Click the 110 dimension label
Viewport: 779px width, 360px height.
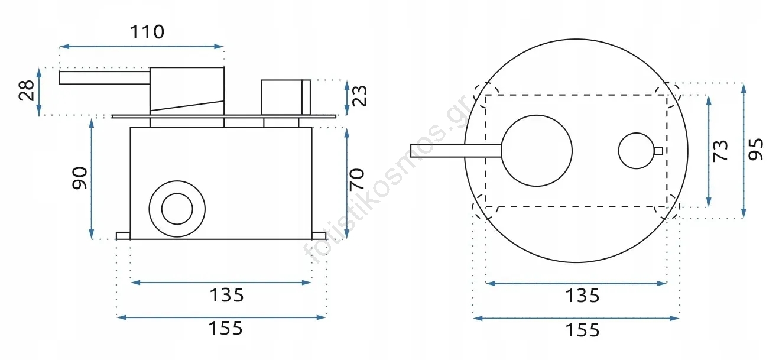point(147,32)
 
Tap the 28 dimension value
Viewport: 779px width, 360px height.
point(27,90)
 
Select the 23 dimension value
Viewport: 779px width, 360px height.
point(359,96)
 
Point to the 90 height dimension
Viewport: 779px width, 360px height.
point(80,178)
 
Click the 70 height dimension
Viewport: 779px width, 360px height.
point(357,180)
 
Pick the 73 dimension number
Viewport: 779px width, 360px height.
point(720,151)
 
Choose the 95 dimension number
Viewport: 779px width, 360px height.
point(756,150)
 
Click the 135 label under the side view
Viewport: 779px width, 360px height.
point(227,296)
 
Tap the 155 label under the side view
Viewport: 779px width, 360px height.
point(226,328)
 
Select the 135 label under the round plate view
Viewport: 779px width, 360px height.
point(583,296)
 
